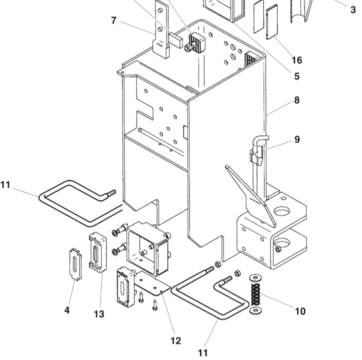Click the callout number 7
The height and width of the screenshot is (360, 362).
[x=113, y=21]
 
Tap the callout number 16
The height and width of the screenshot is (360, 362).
[x=297, y=60]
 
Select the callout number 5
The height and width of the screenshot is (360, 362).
[x=297, y=76]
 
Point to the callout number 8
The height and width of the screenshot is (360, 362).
[x=297, y=100]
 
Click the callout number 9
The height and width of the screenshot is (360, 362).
[x=297, y=139]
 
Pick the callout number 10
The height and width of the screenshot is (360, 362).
[x=300, y=311]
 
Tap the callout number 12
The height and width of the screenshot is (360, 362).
[x=176, y=341]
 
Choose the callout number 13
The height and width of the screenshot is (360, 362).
[x=99, y=314]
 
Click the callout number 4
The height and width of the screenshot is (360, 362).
[x=67, y=310]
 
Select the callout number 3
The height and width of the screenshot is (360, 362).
[x=353, y=10]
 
